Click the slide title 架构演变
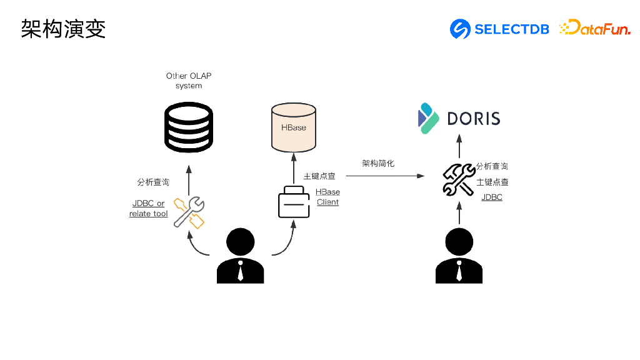63,29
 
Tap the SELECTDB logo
499,29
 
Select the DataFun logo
595,27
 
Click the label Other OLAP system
189,81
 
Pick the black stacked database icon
189,127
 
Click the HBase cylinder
294,127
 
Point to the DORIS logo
459,118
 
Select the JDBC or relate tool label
149,208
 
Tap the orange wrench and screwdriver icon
189,212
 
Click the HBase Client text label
327,197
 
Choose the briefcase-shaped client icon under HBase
294,202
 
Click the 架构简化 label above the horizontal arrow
378,163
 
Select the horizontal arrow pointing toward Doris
385,176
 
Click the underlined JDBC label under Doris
492,197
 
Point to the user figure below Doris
459,256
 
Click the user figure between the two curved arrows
241,256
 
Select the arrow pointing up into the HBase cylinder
294,169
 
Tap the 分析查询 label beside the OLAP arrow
153,182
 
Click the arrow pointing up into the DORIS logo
459,146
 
